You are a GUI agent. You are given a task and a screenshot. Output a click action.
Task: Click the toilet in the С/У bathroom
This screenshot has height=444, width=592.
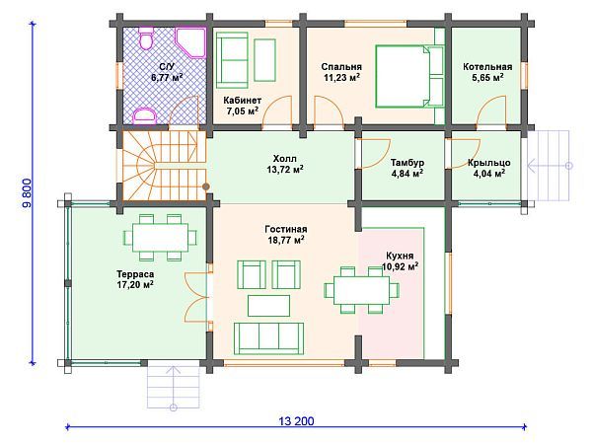(146, 37)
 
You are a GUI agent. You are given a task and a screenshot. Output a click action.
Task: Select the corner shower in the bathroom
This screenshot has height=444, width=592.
(191, 41)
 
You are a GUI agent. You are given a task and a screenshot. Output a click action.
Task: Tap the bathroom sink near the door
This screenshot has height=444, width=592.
(145, 116)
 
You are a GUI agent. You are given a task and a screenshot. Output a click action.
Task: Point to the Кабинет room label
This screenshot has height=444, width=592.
(242, 101)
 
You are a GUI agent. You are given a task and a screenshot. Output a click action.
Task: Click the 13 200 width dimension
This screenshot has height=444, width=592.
(296, 421)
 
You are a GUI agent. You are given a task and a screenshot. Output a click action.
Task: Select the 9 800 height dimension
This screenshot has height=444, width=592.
(28, 193)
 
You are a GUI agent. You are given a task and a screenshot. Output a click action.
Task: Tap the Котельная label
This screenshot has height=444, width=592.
(487, 67)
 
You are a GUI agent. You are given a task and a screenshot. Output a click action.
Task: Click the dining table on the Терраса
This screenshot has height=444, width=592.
(161, 238)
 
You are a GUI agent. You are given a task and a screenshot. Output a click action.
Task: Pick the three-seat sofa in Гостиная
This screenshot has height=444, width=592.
(268, 338)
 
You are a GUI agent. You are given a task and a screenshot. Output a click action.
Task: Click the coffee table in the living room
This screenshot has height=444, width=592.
(268, 306)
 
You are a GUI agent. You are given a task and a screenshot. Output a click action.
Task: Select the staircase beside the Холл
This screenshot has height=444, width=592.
(164, 166)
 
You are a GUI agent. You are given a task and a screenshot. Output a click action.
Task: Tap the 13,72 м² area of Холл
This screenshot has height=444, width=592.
(285, 170)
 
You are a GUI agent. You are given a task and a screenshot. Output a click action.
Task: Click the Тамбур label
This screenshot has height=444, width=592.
(407, 163)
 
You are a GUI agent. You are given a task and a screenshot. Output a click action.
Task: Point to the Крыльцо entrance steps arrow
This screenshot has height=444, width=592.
(551, 166)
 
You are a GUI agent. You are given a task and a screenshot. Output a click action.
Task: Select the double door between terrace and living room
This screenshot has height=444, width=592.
(196, 297)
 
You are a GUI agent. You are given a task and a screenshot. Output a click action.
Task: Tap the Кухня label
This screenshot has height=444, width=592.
(400, 256)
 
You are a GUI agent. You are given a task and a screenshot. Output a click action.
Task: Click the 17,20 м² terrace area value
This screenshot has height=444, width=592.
(135, 284)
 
